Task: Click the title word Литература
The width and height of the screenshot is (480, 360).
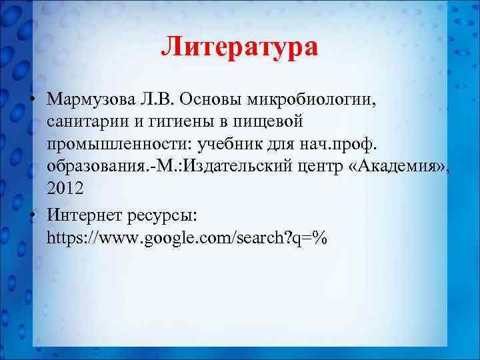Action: (x=240, y=47)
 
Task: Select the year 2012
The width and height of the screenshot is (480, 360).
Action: (x=65, y=189)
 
